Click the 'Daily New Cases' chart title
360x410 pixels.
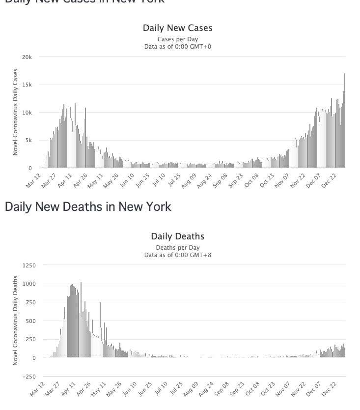177,28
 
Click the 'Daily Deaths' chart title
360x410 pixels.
177,237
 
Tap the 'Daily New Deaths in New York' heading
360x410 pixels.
88,206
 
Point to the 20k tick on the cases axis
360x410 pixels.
27,57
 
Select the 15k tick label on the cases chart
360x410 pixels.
27,85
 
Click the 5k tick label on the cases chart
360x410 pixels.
28,141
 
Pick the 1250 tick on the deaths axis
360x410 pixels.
29,265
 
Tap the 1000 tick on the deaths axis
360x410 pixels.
29,284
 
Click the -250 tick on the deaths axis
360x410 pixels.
29,377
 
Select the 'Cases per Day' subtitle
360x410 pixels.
177,39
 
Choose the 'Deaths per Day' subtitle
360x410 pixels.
177,248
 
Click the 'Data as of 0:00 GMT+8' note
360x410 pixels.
177,255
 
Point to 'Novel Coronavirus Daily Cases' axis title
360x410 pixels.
15,112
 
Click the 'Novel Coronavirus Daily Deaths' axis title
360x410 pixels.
15,321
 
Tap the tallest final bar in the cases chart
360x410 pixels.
345,120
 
